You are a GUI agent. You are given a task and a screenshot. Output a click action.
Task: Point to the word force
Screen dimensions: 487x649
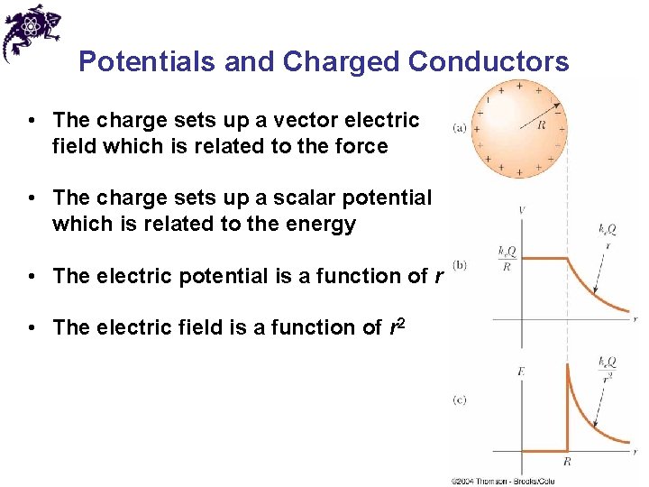[x=360, y=146]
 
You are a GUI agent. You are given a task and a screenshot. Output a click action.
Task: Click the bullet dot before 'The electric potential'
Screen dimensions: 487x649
[x=32, y=276]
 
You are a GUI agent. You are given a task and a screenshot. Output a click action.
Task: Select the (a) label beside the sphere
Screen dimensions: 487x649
[x=459, y=129]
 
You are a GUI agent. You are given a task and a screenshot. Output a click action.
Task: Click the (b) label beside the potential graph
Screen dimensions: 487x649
[x=460, y=264]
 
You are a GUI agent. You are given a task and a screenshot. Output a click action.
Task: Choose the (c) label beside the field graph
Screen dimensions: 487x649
[x=460, y=400]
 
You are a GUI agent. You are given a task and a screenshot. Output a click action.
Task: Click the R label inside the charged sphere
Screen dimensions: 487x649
[x=541, y=126]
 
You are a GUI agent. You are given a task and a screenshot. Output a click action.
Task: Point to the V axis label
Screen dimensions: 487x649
[x=523, y=210]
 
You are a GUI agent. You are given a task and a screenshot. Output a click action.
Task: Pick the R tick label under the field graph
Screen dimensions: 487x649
[x=567, y=461]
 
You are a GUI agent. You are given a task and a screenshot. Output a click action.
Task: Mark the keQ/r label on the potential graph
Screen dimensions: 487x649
[x=608, y=236]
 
